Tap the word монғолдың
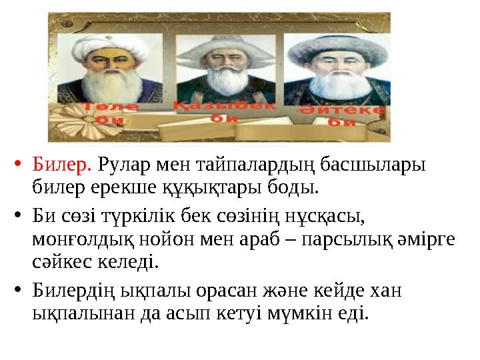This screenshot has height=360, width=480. point(77,239)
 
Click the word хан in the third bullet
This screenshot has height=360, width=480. point(389,291)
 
